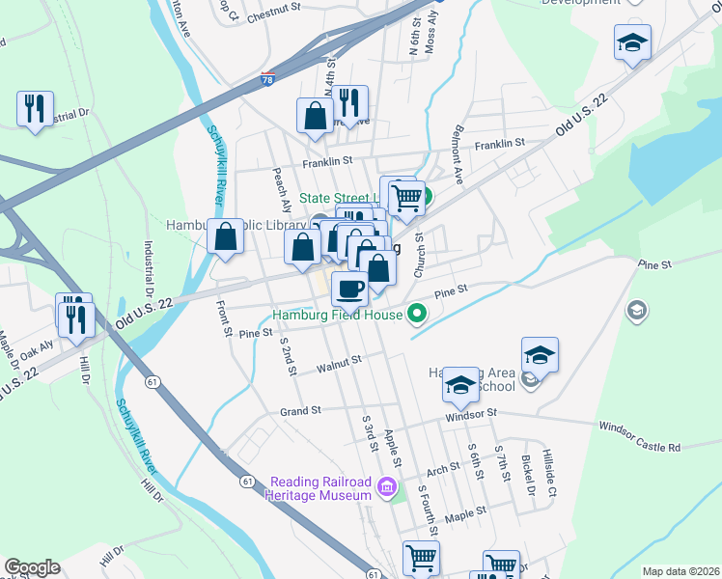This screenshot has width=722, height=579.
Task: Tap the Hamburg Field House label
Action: click(x=335, y=314)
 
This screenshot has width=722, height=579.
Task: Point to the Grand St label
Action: click(x=300, y=412)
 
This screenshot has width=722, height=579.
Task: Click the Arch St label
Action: click(x=443, y=472)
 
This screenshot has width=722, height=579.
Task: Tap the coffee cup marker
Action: click(x=349, y=287)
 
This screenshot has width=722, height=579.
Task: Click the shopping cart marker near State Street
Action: click(x=408, y=197)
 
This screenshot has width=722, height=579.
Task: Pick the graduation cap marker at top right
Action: click(x=632, y=42)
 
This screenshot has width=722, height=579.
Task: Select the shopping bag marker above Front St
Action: click(x=225, y=236)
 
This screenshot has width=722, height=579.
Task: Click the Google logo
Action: click(x=32, y=567)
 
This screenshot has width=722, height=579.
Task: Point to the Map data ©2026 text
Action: click(x=680, y=571)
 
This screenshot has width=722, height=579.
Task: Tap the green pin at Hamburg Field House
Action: click(x=417, y=313)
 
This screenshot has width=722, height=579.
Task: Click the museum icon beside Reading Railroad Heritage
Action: click(x=388, y=487)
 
